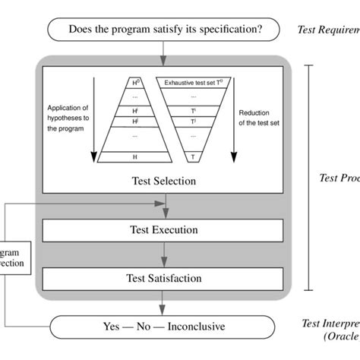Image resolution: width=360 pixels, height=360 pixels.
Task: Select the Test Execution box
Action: coord(163,229)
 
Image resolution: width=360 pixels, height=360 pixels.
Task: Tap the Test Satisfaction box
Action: coord(163,279)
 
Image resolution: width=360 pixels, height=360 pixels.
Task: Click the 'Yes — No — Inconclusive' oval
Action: coord(163,327)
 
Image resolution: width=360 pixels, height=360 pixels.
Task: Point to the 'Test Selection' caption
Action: coord(163,181)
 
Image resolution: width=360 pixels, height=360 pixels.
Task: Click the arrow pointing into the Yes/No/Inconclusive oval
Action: coord(163,306)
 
